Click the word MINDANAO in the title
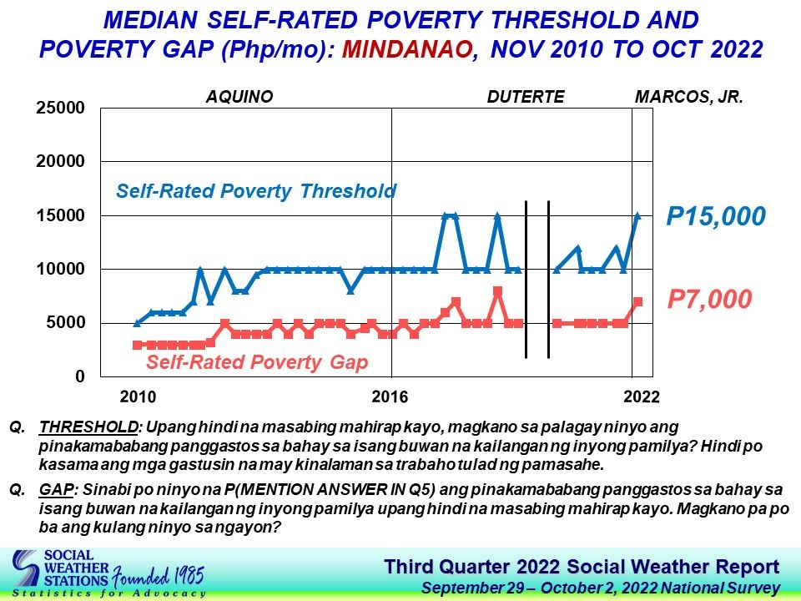[x=406, y=49]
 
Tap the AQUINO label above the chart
[x=239, y=97]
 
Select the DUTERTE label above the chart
[x=526, y=97]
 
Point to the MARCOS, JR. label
[x=688, y=97]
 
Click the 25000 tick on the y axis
[x=60, y=108]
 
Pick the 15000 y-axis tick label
[x=60, y=215]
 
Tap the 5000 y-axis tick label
[x=65, y=322]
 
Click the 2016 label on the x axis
[x=390, y=396]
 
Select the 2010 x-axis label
[x=138, y=396]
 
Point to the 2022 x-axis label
[x=642, y=396]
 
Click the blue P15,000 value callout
[x=716, y=216]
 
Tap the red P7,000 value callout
[x=709, y=299]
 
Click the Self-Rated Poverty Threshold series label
[x=256, y=191]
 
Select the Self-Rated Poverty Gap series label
[x=257, y=361]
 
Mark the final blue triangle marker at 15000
[x=637, y=215]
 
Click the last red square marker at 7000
[x=637, y=301]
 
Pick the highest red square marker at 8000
[x=497, y=290]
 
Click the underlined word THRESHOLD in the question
[x=89, y=427]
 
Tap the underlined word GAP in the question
[x=56, y=490]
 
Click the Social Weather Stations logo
[x=108, y=573]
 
